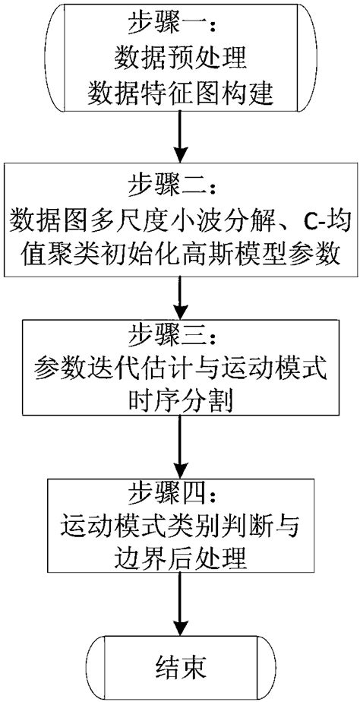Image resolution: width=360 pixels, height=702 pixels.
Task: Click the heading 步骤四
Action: point(180,495)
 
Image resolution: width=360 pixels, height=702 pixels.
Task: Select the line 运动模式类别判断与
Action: point(180,528)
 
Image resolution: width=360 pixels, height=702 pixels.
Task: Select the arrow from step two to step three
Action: point(180,296)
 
